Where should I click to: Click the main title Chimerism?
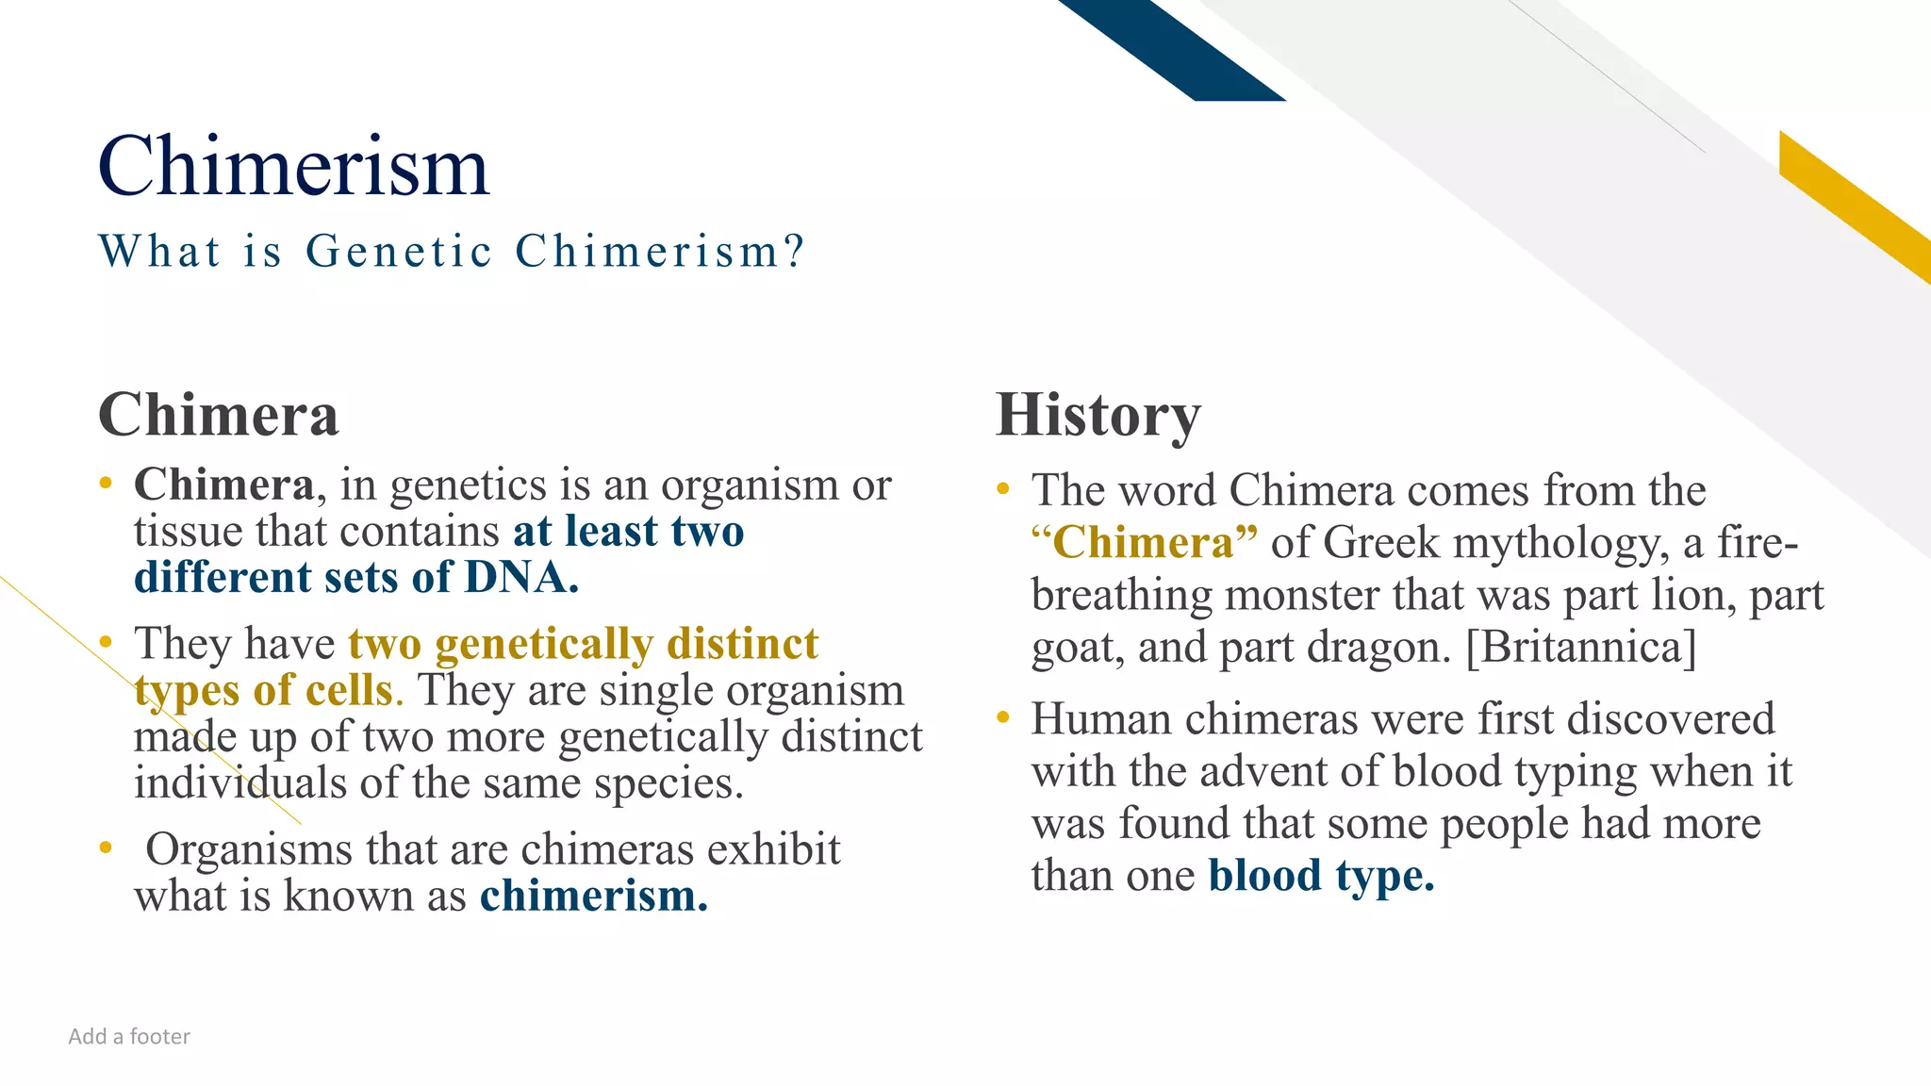tap(293, 167)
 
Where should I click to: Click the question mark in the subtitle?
tap(795, 251)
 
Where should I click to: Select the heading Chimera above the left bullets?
tap(219, 415)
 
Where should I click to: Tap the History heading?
tap(1098, 415)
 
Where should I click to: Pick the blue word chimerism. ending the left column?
tap(594, 896)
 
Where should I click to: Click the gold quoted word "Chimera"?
tap(1144, 543)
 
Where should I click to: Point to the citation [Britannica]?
tap(1581, 648)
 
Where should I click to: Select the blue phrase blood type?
tap(1321, 876)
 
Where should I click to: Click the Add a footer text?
tap(129, 1037)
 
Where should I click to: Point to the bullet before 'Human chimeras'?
tap(1003, 718)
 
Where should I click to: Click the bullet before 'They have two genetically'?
tap(106, 643)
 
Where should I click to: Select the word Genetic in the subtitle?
tap(399, 252)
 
